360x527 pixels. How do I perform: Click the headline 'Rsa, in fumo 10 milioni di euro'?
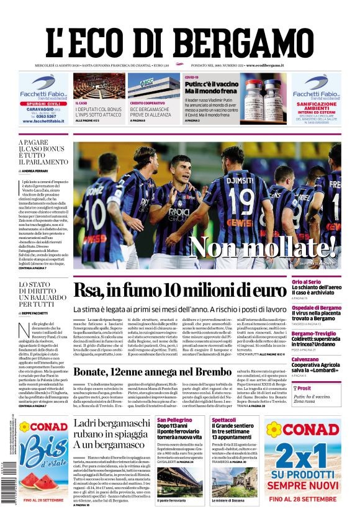coord(179,291)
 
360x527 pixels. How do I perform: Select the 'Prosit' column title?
coord(304,388)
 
